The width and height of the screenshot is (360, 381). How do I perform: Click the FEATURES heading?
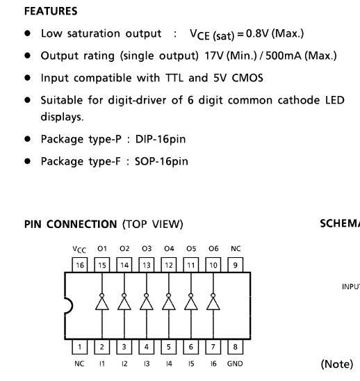coord(51,11)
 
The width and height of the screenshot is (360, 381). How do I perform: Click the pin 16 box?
coord(80,265)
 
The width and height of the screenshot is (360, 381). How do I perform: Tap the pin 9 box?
coord(236,265)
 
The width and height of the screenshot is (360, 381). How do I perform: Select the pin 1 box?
coord(80,347)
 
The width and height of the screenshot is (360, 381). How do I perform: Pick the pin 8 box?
coord(236,347)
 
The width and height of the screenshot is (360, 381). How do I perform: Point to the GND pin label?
coord(235,364)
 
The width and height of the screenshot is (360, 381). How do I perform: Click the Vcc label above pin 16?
coord(79,250)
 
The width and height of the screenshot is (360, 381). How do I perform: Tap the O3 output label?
coord(147,249)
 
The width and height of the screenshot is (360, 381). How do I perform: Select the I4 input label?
coord(169,364)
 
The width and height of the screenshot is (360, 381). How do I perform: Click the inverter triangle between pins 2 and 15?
coord(102,304)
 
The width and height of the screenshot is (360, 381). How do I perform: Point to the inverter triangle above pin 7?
coord(213,304)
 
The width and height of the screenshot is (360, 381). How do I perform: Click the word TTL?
coord(174,78)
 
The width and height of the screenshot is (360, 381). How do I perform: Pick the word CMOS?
coord(247,78)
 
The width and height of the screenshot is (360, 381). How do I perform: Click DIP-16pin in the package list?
coord(161,139)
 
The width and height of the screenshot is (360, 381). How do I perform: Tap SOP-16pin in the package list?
coord(161,161)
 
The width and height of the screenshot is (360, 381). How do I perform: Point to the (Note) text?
coord(336,364)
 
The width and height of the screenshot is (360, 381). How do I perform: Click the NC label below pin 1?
coord(79,364)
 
